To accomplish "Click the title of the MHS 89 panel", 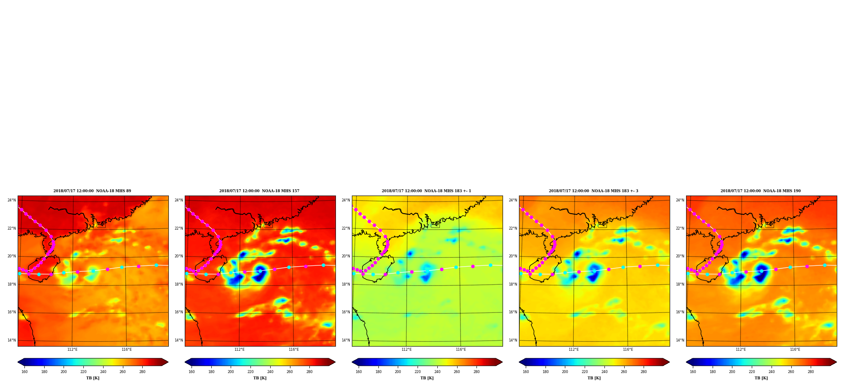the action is [x=92, y=191].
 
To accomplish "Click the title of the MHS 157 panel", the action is [x=259, y=191].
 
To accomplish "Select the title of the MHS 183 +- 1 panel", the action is [x=426, y=191].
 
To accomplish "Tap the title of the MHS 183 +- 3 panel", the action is [x=593, y=191].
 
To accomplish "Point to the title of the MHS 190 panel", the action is [x=761, y=191].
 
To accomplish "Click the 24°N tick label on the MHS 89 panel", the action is [x=12, y=200].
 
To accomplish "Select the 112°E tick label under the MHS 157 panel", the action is [x=240, y=350].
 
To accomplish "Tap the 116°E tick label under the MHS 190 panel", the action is [x=795, y=350].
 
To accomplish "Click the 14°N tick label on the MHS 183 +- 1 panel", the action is [x=346, y=340].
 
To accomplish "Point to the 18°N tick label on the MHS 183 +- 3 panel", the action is [x=513, y=284].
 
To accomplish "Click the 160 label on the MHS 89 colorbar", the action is [x=24, y=371].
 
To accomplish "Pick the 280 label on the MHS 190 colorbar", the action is [x=811, y=371].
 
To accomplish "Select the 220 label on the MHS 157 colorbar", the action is [x=250, y=371].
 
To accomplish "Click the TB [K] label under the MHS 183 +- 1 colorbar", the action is [x=427, y=378].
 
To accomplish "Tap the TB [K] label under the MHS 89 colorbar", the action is [x=93, y=378].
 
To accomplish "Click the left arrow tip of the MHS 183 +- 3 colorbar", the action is [x=519, y=362].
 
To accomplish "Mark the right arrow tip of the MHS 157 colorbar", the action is [x=335, y=362].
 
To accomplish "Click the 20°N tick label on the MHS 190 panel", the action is [x=680, y=256].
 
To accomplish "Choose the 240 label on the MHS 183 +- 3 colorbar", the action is [x=604, y=371].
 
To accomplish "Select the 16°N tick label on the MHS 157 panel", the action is [x=179, y=312].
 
